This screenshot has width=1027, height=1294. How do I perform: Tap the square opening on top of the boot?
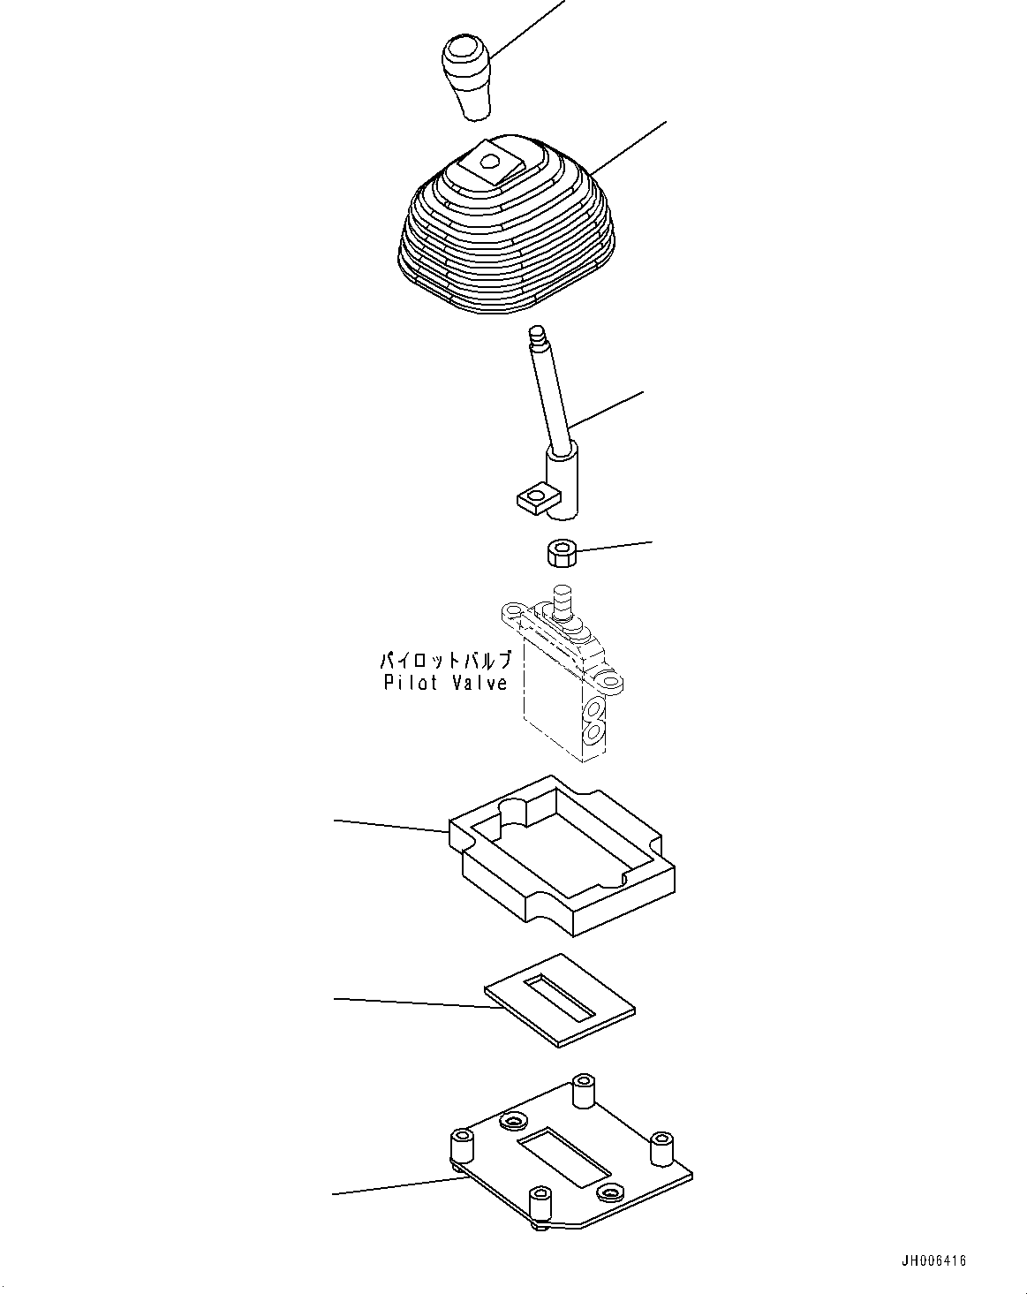pos(491,163)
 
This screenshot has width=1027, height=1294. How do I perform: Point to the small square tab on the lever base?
pos(532,500)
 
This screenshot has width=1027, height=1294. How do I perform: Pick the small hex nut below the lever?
pos(560,555)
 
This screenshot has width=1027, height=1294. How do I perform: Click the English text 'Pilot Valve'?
pos(446,683)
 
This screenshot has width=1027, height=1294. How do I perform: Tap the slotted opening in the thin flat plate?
pos(561,996)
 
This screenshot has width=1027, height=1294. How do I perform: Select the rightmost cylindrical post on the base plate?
pos(662,1149)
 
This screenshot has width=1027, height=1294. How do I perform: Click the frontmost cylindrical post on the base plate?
pos(539,1205)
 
